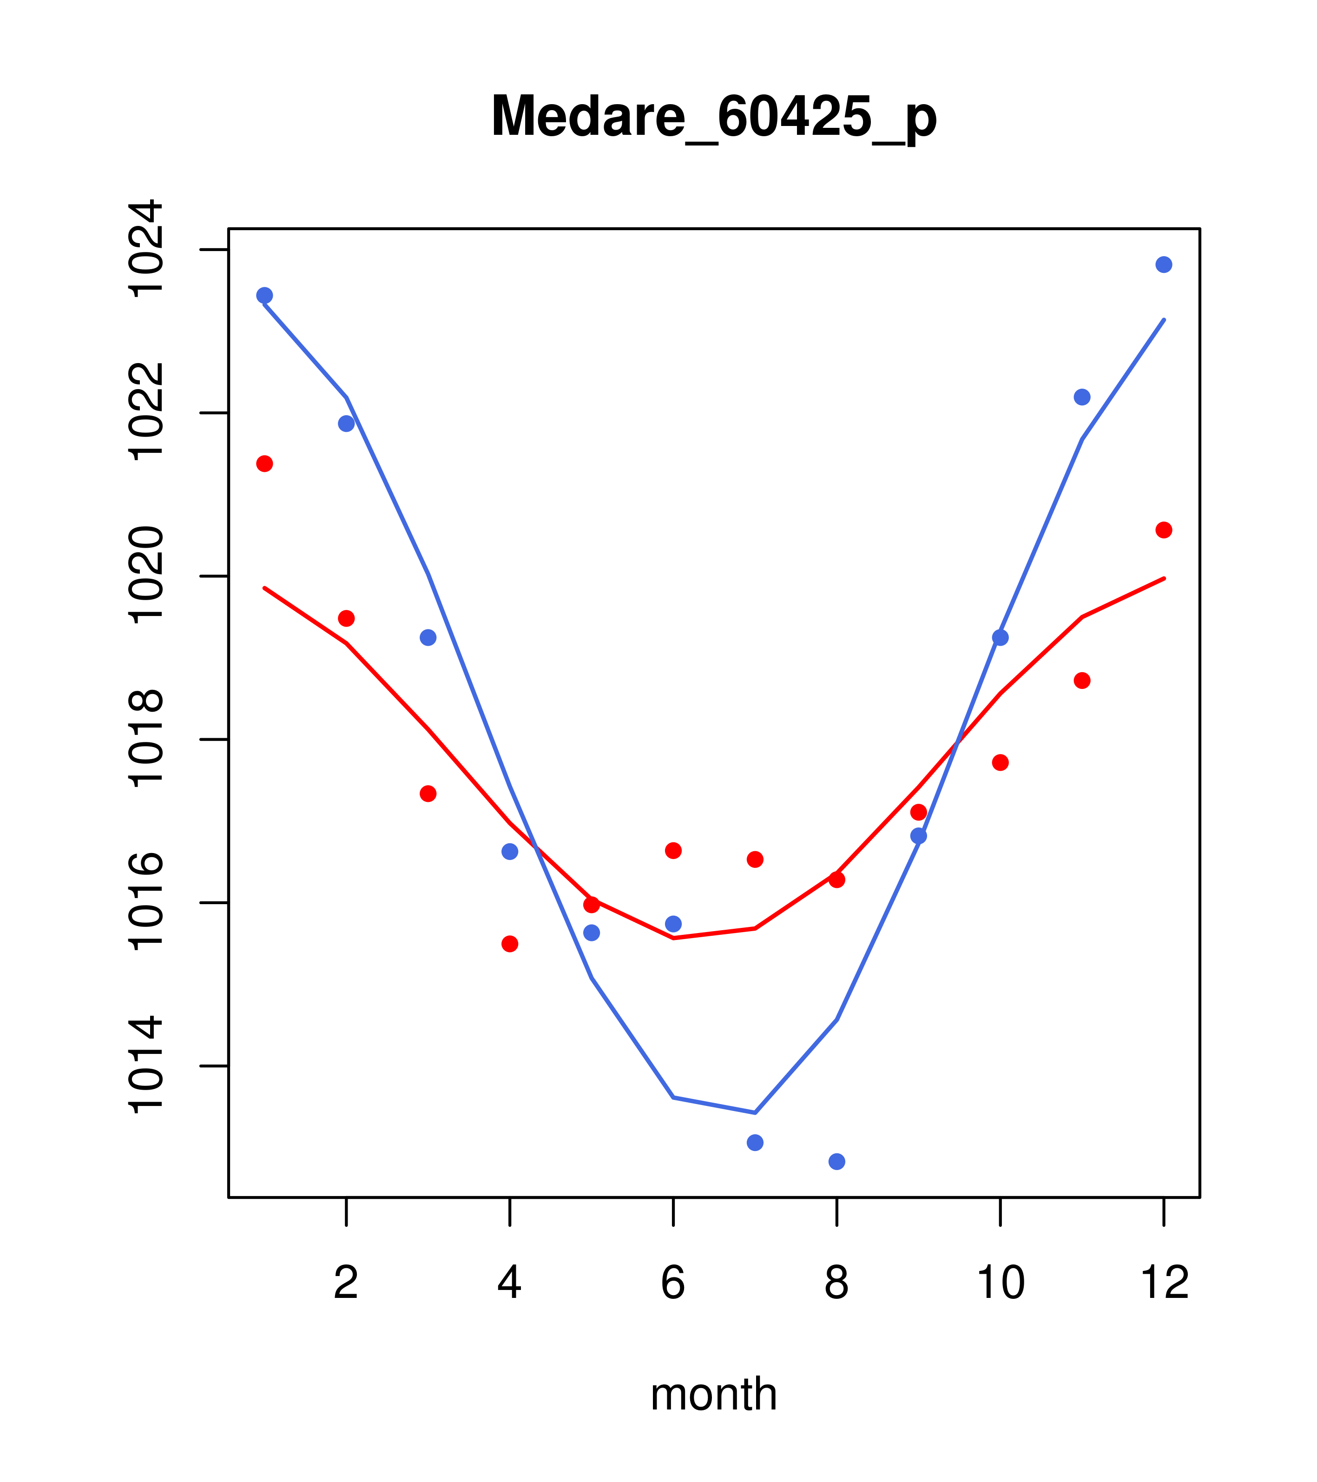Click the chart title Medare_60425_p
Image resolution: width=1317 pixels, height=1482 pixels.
click(x=713, y=118)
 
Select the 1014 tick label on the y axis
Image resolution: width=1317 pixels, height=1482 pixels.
click(x=145, y=1066)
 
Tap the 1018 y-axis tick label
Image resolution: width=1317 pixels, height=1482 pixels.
click(x=145, y=740)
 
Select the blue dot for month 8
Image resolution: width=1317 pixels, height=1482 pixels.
click(x=836, y=1162)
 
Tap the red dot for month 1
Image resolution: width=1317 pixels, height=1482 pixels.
click(x=264, y=463)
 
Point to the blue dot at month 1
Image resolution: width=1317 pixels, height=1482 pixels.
click(x=264, y=295)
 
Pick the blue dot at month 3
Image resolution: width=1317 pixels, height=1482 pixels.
click(x=428, y=637)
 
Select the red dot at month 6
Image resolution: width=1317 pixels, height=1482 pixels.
click(x=673, y=850)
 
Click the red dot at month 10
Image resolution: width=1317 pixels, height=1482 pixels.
click(x=1000, y=762)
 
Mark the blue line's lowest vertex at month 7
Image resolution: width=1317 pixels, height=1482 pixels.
click(x=755, y=1112)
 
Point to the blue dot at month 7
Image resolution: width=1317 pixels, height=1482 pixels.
click(x=755, y=1142)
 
